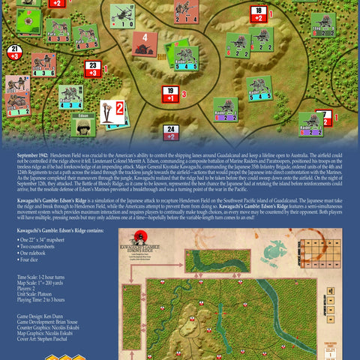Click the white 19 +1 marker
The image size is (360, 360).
tap(170, 94)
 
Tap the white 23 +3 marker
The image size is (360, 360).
tap(93, 69)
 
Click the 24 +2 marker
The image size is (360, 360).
tap(171, 133)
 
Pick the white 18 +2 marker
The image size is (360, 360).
tap(258, 13)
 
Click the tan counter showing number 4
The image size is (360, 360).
tap(144, 43)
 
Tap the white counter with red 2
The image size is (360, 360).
tap(112, 112)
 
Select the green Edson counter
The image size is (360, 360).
tap(84, 124)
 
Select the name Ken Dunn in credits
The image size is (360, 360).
tap(59, 316)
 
